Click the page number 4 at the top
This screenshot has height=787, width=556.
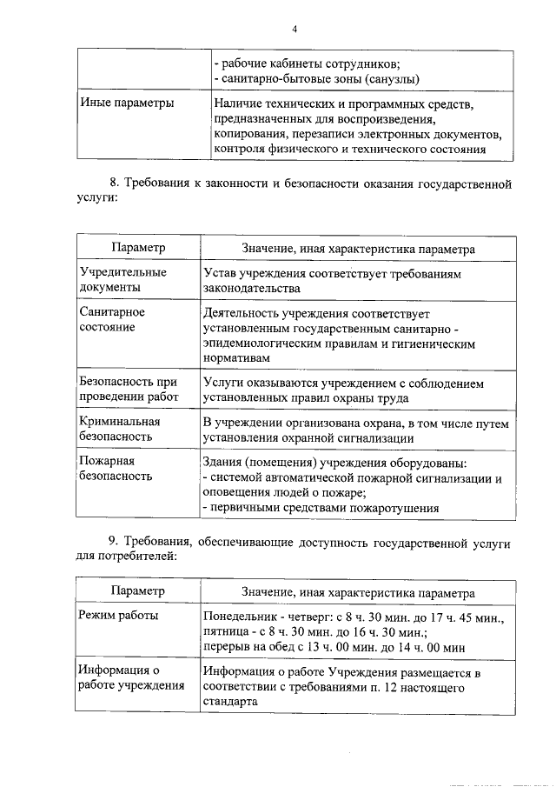click(x=295, y=29)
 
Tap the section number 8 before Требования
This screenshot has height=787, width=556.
click(x=112, y=183)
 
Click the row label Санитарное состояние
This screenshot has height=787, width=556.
click(x=112, y=319)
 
